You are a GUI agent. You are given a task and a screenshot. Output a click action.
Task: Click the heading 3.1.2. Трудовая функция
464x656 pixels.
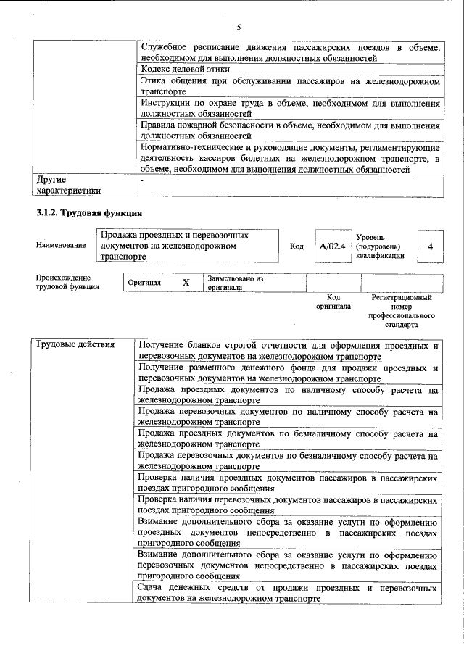(89, 213)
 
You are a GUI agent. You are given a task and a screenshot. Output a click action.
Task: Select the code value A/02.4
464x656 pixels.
(331, 246)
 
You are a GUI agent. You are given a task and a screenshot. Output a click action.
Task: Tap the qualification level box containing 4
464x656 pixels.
(430, 246)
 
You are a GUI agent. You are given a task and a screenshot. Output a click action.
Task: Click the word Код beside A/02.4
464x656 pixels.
(297, 246)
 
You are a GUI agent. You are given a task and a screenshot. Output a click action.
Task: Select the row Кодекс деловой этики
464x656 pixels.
(185, 70)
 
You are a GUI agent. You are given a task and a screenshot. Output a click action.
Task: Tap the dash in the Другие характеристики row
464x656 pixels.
(143, 178)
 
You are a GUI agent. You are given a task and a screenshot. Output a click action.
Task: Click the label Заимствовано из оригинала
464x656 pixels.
(235, 283)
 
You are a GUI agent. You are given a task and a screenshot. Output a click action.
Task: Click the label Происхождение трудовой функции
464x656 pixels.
(67, 283)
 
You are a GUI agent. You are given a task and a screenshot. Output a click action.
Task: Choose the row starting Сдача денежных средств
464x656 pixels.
(288, 594)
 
